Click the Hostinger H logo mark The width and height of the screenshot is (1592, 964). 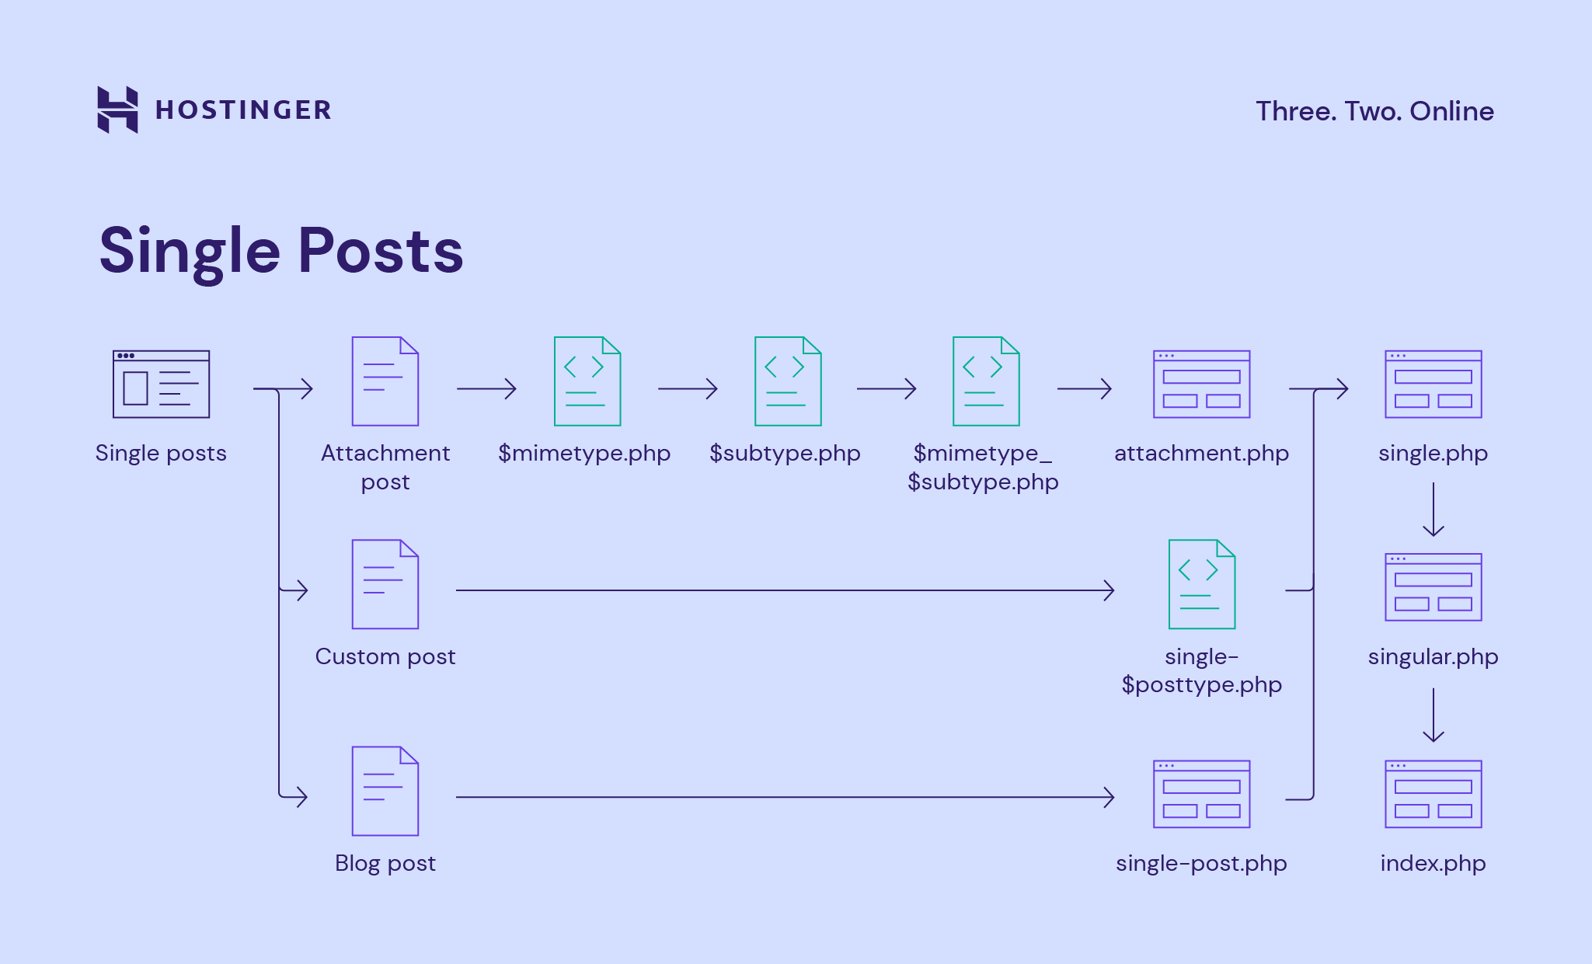pyautogui.click(x=117, y=110)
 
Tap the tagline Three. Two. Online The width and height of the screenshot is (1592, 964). pyautogui.click(x=1374, y=111)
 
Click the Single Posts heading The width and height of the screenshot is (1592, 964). pyautogui.click(x=281, y=251)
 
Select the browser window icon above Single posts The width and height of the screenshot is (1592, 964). pyautogui.click(x=161, y=384)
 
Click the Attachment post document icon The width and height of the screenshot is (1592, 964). pyautogui.click(x=385, y=381)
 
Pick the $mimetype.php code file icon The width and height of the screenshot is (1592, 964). pyautogui.click(x=587, y=381)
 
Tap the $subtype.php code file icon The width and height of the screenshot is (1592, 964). pyautogui.click(x=788, y=381)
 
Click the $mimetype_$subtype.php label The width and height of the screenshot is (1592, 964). pyautogui.click(x=983, y=467)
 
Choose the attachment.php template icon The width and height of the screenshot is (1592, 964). pyautogui.click(x=1201, y=384)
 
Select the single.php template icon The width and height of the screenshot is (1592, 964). pyautogui.click(x=1433, y=384)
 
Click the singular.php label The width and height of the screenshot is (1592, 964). pyautogui.click(x=1433, y=656)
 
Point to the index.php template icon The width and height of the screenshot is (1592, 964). pyautogui.click(x=1433, y=794)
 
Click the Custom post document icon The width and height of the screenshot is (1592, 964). pyautogui.click(x=385, y=584)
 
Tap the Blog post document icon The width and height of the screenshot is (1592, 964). pyautogui.click(x=385, y=791)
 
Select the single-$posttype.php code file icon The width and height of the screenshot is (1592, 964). pyautogui.click(x=1202, y=584)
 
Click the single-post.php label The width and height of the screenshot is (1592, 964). pyautogui.click(x=1201, y=863)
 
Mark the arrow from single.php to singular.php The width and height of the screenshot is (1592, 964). pyautogui.click(x=1433, y=510)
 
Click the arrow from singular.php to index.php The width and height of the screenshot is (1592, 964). pyautogui.click(x=1433, y=715)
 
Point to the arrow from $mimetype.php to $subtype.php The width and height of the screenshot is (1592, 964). pyautogui.click(x=688, y=388)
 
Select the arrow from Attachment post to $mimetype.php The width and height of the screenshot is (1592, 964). pyautogui.click(x=486, y=388)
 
